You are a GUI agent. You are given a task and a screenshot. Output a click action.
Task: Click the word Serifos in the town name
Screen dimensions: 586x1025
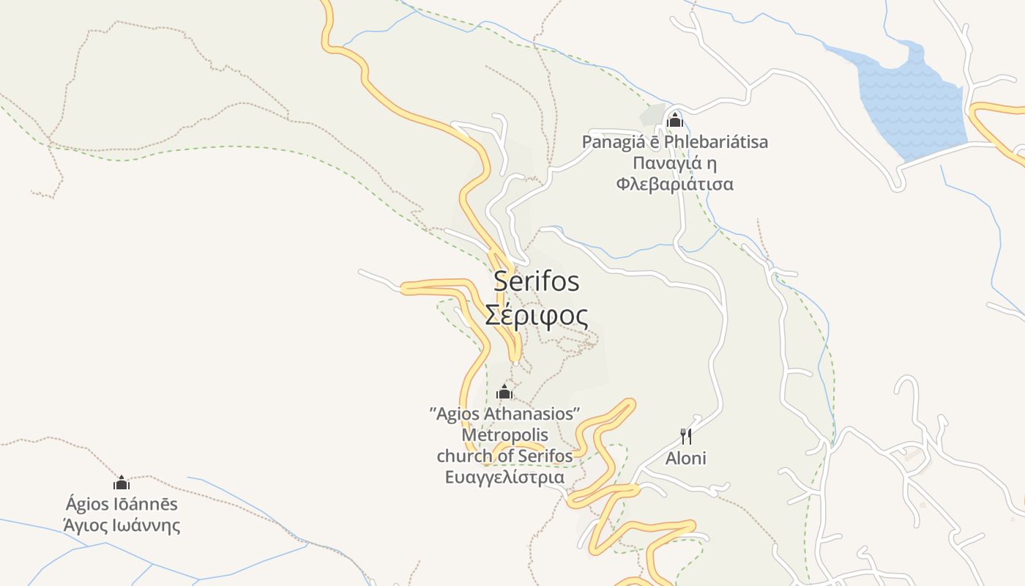pos(536,281)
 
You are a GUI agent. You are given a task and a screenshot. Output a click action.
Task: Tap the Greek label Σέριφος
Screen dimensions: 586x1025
pos(536,316)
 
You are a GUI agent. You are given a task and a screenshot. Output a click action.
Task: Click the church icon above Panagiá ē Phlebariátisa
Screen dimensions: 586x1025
pos(674,119)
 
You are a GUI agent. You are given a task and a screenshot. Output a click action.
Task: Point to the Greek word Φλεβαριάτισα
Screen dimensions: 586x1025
pos(674,184)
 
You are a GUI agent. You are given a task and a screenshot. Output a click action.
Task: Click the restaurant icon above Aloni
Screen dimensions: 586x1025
pos(686,437)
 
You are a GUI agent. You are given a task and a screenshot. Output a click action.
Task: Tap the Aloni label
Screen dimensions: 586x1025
pos(686,459)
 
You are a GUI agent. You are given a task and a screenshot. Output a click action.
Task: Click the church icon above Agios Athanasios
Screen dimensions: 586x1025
pos(504,393)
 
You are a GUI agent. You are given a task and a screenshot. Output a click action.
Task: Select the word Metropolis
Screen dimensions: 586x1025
pos(504,435)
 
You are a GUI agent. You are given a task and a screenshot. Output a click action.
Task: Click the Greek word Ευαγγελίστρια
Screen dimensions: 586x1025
pos(504,478)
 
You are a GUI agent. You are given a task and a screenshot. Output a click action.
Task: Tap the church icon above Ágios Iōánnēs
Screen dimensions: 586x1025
pos(122,483)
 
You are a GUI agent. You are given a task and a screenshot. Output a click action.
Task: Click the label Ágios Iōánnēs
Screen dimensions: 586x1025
pos(122,504)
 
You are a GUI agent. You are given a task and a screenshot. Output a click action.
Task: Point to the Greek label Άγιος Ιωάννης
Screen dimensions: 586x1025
pos(122,525)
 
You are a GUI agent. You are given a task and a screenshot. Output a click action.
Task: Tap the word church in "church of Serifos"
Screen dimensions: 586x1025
pos(465,456)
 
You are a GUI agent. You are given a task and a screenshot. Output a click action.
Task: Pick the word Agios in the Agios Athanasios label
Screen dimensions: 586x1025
pos(456,414)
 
